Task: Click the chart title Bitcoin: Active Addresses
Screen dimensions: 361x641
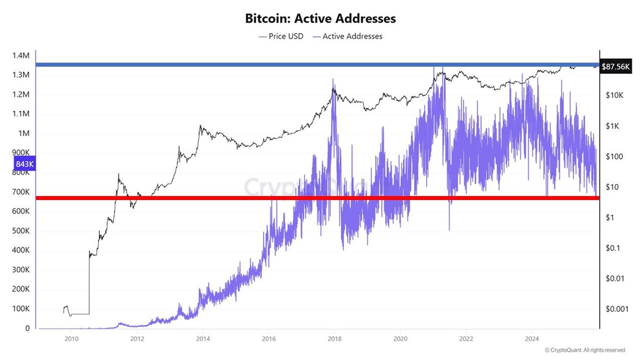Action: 320,18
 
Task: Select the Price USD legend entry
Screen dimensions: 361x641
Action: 282,36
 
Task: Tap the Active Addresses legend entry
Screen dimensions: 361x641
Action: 347,36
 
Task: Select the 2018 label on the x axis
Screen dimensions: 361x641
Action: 334,339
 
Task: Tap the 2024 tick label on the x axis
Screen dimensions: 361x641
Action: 532,339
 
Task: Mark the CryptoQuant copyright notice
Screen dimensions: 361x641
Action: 585,350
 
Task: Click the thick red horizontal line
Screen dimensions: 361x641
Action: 320,198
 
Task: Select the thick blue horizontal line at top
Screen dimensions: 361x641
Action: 320,65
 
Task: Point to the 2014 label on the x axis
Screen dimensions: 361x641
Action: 203,339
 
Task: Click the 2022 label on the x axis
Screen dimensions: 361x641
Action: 466,339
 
